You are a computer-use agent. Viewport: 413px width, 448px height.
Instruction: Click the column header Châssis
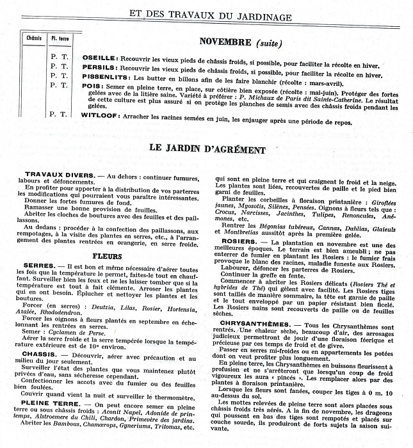tap(34, 38)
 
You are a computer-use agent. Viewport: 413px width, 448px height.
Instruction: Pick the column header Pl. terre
tap(61, 38)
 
